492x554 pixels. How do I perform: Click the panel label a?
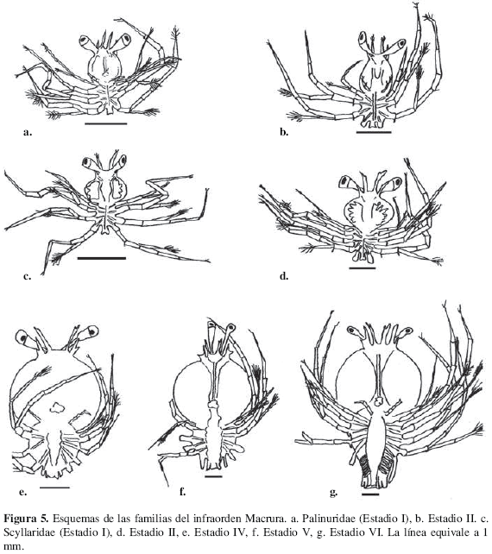click(x=28, y=133)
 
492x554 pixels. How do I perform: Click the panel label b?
click(x=284, y=133)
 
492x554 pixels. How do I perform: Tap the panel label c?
click(x=27, y=276)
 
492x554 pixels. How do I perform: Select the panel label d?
click(x=284, y=276)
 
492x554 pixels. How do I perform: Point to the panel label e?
click(x=22, y=492)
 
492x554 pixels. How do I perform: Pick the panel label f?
click(x=182, y=491)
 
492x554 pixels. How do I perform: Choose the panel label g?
click(x=333, y=492)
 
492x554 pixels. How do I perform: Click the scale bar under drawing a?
click(x=106, y=123)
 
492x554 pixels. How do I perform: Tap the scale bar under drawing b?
click(x=374, y=132)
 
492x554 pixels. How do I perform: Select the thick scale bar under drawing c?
click(x=102, y=258)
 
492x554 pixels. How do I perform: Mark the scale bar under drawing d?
click(x=363, y=268)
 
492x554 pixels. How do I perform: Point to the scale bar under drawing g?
click(x=370, y=494)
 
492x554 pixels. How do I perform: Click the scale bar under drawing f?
click(x=213, y=476)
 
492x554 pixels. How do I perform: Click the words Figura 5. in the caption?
click(x=27, y=519)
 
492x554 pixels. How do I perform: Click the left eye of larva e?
click(x=23, y=337)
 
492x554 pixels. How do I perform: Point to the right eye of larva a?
click(x=124, y=40)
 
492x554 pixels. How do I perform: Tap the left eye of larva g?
click(x=352, y=331)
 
